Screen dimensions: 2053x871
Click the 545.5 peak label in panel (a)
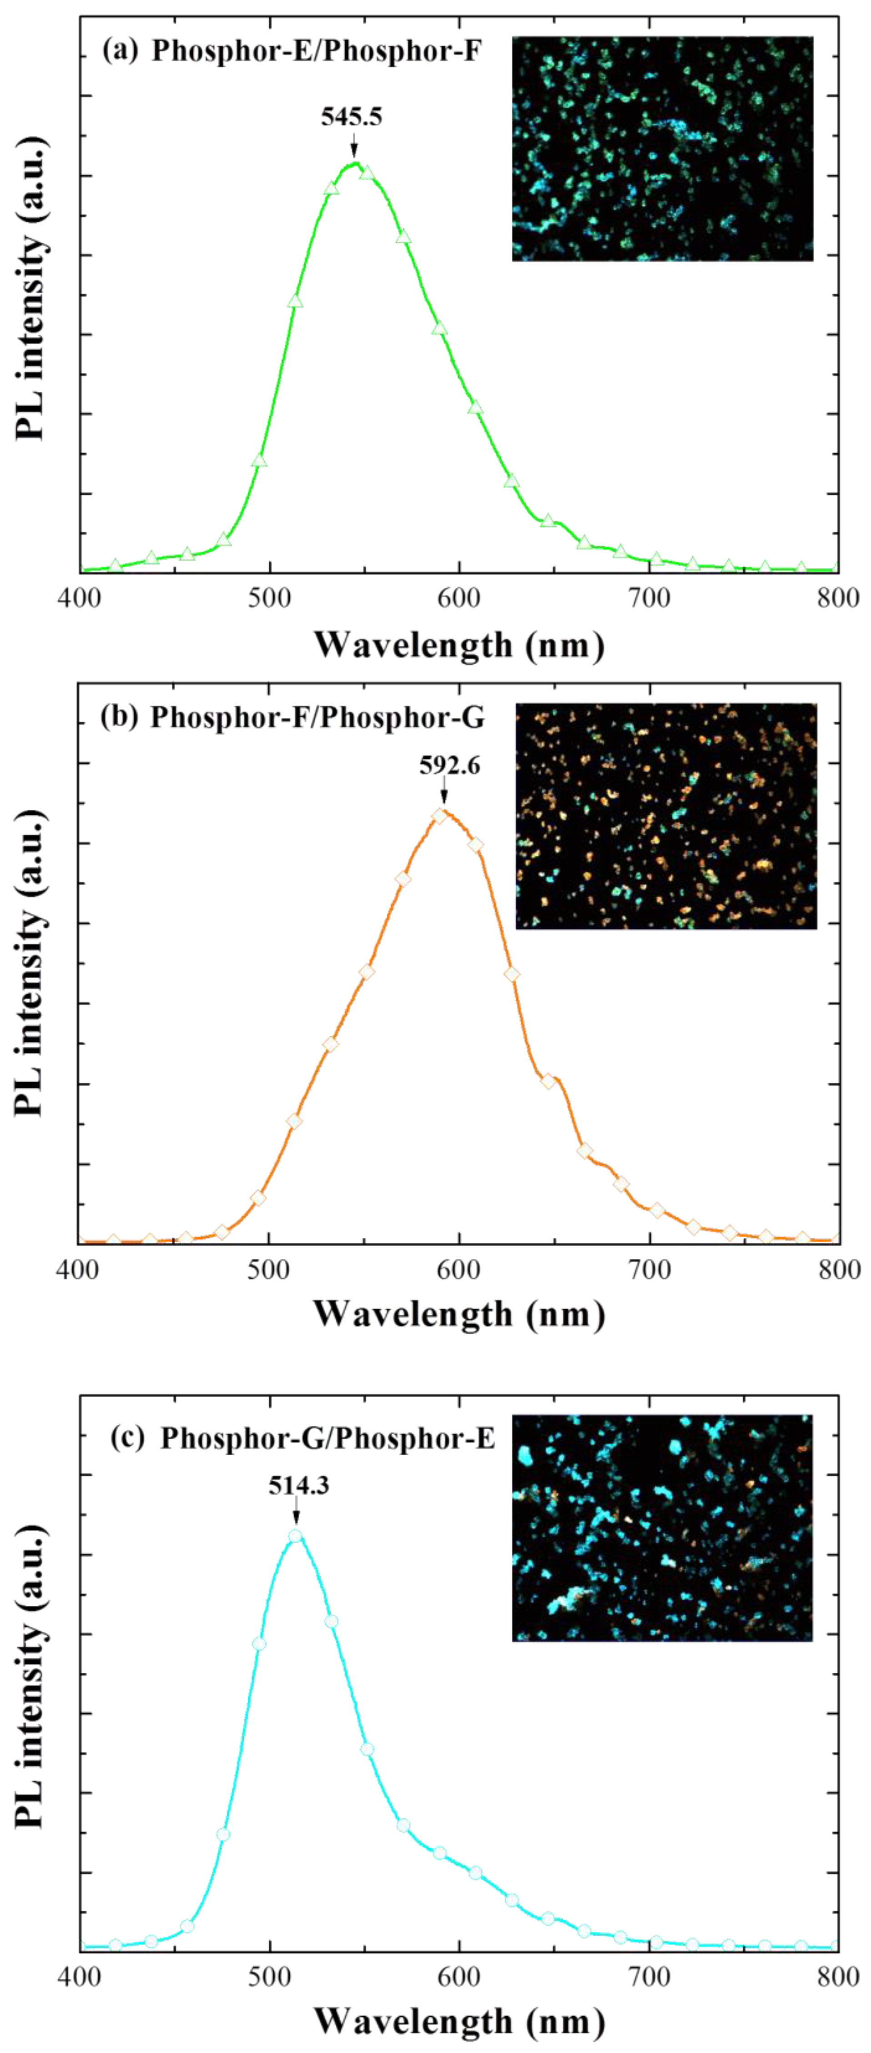click(x=352, y=117)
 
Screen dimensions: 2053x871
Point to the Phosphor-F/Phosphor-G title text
click(x=317, y=717)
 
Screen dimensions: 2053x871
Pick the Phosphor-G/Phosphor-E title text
click(x=327, y=1438)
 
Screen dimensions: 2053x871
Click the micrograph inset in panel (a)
click(x=662, y=149)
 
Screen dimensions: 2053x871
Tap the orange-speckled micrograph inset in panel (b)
click(x=666, y=816)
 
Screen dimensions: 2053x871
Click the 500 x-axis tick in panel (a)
click(x=269, y=598)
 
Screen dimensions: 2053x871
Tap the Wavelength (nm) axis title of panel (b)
click(x=459, y=1313)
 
